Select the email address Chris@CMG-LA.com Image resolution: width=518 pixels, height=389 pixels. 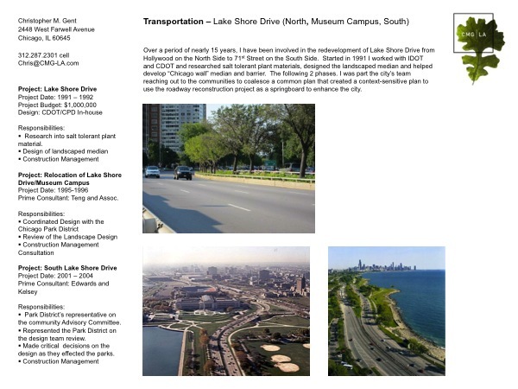tap(48, 63)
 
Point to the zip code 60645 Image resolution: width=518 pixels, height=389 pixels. tap(61, 38)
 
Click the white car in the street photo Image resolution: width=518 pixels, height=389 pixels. tap(153, 171)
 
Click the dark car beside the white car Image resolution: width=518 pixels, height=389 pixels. tap(183, 172)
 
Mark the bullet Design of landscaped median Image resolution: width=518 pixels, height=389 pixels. tap(66, 150)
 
